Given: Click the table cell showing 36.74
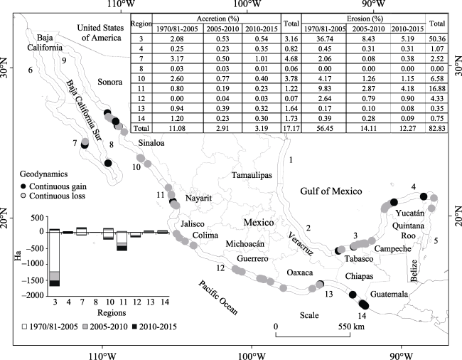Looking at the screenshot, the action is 324,39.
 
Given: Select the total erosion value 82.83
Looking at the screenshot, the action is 436,128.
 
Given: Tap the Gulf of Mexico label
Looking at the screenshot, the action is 331,191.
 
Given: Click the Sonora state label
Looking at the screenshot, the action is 110,82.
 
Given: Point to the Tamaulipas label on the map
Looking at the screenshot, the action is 252,175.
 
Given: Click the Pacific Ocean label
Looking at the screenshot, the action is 217,297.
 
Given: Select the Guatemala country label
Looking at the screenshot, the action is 390,294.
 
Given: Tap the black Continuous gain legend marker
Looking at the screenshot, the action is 24,186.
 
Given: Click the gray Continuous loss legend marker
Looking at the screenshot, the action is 24,196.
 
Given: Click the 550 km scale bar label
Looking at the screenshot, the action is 351,327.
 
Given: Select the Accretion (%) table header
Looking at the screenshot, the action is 217,18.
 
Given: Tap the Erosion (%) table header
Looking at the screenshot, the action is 365,18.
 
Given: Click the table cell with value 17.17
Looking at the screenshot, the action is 291,128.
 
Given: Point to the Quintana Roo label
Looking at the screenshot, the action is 409,231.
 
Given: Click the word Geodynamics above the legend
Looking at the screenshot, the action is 43,174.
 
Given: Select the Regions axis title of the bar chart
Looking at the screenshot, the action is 112,313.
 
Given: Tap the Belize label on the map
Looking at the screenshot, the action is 414,270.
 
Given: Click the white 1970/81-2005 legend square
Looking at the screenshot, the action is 25,327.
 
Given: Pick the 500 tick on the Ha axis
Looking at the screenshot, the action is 38,218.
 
